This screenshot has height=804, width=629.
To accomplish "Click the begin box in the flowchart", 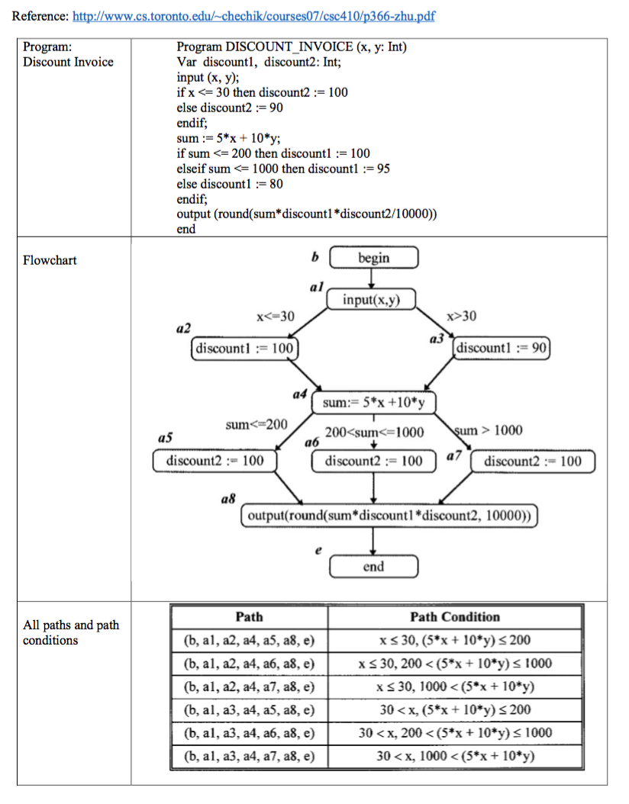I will [373, 258].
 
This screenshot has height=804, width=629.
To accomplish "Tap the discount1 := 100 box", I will [244, 349].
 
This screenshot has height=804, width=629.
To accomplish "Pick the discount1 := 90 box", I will [502, 349].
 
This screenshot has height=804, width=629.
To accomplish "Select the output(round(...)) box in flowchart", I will [389, 516].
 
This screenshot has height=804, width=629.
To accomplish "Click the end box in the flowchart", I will [373, 567].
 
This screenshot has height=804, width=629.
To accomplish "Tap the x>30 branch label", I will [463, 316].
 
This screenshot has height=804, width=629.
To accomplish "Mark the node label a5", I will [164, 439].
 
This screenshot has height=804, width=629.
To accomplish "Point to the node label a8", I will [227, 498].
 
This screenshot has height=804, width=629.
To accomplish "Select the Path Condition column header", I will [455, 617].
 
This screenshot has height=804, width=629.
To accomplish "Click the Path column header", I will [249, 617].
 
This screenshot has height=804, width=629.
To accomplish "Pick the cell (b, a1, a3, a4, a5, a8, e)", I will [249, 710].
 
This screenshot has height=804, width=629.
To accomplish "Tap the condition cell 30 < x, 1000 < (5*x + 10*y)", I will [455, 756].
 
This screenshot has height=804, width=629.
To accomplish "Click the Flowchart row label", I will [50, 260].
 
